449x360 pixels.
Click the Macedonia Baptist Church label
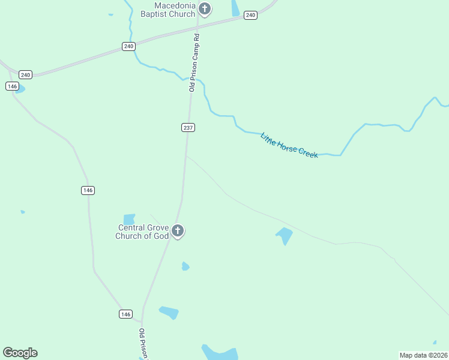(167, 10)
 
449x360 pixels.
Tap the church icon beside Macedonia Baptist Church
(205, 9)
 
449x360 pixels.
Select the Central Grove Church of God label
(143, 232)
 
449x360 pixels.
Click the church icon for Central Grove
(178, 230)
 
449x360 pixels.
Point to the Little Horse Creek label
(289, 146)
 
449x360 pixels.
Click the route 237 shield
(188, 127)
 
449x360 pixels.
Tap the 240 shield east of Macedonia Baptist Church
(251, 15)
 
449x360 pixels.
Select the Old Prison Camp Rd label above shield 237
(194, 62)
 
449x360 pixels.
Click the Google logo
(20, 353)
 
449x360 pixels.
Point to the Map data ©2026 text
(423, 355)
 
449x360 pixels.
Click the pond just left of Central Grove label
(129, 219)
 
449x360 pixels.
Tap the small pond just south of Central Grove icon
(185, 266)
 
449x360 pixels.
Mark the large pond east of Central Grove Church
(285, 235)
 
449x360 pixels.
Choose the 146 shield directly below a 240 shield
(13, 86)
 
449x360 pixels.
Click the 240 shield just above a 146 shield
(25, 75)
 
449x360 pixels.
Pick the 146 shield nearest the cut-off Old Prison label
(125, 314)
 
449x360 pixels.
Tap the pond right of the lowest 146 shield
(169, 313)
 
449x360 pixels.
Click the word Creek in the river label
(306, 152)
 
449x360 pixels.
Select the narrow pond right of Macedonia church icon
(235, 8)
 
